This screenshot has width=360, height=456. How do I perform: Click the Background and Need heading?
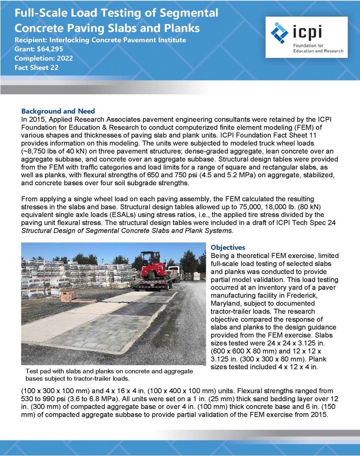click(x=58, y=111)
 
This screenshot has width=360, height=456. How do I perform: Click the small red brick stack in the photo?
click(x=67, y=295)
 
